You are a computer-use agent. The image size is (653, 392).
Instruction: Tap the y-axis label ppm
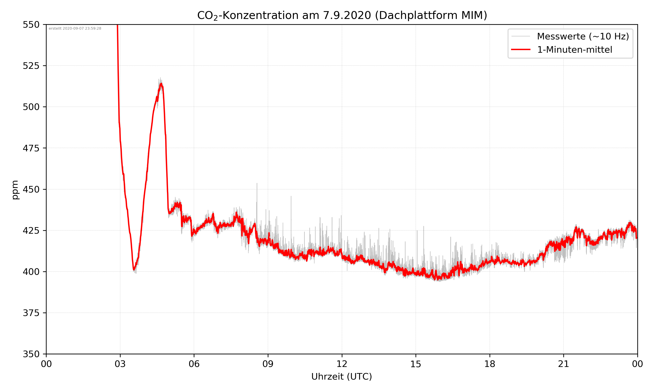pyautogui.click(x=15, y=190)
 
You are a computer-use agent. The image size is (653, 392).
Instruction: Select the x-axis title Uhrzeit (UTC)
pyautogui.click(x=342, y=376)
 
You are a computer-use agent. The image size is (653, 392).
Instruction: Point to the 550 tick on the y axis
pyautogui.click(x=31, y=25)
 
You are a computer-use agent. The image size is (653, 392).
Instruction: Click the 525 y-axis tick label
pyautogui.click(x=31, y=66)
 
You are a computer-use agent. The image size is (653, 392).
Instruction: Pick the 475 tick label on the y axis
pyautogui.click(x=31, y=148)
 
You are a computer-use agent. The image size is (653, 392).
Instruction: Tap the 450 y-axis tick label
pyautogui.click(x=31, y=189)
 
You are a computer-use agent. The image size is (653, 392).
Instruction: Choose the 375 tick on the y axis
pyautogui.click(x=31, y=313)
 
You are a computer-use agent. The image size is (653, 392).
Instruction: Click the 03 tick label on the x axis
pyautogui.click(x=120, y=364)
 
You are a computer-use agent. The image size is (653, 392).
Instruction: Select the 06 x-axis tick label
pyautogui.click(x=194, y=364)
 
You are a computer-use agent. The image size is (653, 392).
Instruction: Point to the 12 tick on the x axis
pyautogui.click(x=342, y=364)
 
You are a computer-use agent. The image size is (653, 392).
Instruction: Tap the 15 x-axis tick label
pyautogui.click(x=416, y=364)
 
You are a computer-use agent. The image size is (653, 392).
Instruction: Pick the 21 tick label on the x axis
pyautogui.click(x=564, y=364)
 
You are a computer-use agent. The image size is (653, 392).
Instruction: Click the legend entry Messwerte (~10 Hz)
pyautogui.click(x=583, y=36)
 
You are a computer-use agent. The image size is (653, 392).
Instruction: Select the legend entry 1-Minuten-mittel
pyautogui.click(x=574, y=50)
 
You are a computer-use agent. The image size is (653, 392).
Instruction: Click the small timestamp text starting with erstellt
pyautogui.click(x=75, y=29)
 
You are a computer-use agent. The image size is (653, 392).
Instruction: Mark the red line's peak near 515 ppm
pyautogui.click(x=161, y=84)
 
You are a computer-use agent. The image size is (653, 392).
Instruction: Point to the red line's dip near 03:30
pyautogui.click(x=134, y=270)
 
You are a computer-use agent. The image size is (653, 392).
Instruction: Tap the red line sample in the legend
pyautogui.click(x=520, y=49)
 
